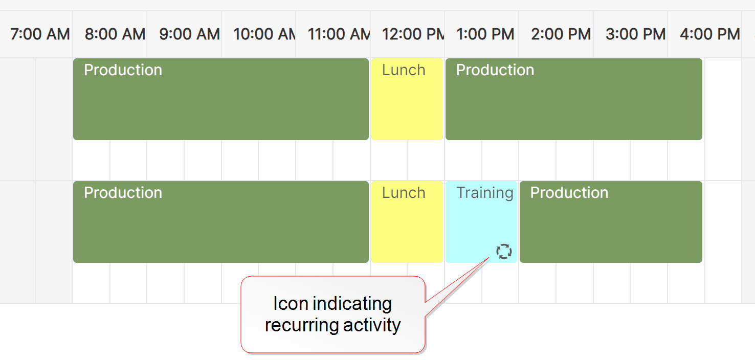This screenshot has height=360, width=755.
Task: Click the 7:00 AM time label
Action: (40, 34)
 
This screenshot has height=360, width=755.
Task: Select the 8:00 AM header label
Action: (115, 34)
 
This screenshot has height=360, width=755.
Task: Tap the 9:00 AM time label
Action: (189, 34)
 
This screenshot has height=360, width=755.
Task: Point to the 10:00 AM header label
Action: (264, 34)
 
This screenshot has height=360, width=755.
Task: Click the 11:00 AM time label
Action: (339, 34)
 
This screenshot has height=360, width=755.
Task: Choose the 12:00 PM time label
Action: (413, 34)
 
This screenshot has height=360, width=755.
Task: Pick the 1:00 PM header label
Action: (485, 34)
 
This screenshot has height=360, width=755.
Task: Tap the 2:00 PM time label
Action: (561, 34)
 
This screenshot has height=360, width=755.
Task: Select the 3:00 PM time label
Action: (635, 34)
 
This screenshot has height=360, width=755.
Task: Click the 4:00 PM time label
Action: (710, 34)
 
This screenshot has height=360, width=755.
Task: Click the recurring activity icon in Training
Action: (504, 251)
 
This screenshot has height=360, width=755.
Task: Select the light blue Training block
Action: (481, 222)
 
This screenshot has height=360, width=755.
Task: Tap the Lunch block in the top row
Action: (407, 99)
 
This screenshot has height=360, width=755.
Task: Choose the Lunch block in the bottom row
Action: (407, 222)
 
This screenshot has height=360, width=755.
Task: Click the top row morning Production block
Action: (221, 99)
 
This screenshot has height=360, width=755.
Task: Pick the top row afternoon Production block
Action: (574, 99)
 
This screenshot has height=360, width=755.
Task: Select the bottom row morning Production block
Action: (221, 222)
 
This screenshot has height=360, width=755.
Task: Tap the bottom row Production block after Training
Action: (611, 222)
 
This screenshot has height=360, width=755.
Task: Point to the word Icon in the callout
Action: (291, 303)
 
